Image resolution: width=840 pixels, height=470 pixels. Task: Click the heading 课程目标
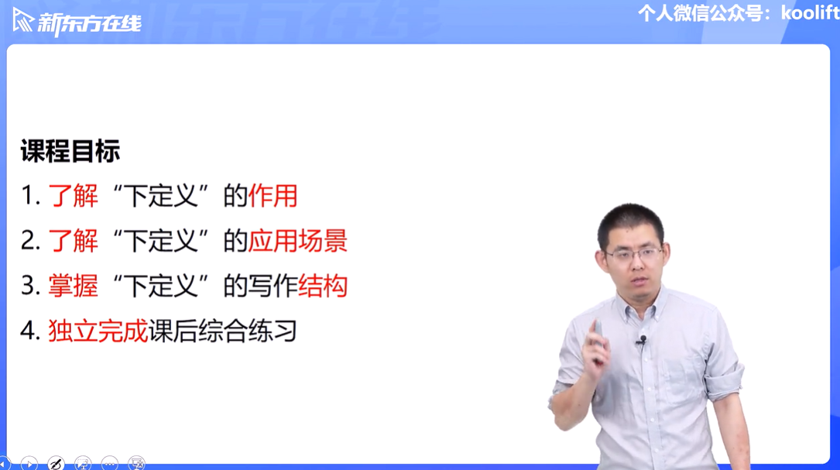70,150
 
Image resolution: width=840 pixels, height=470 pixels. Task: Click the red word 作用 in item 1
273,196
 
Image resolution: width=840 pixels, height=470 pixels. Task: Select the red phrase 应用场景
298,241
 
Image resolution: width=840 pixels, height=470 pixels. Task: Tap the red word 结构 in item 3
323,286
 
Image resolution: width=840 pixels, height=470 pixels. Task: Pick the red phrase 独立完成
98,331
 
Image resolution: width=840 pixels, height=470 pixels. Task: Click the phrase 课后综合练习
223,331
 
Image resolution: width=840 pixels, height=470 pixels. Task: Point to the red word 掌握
74,286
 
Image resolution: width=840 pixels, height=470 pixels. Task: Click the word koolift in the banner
810,12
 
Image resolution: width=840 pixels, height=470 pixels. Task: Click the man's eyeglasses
633,254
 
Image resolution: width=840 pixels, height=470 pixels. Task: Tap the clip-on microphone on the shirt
643,340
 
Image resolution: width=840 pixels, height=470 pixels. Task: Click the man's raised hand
595,343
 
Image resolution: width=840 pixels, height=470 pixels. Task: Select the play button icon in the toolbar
29,464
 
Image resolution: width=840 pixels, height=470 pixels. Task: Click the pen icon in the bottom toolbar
56,464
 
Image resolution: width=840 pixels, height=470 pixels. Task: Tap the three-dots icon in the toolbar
109,464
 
